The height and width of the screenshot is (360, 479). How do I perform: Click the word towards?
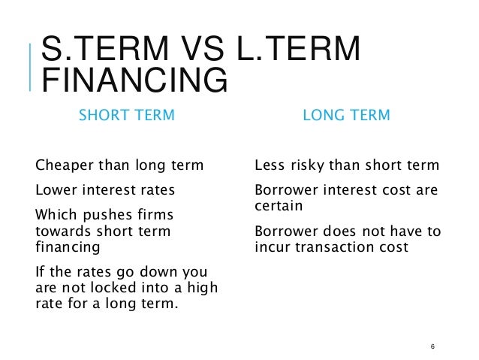tap(62, 231)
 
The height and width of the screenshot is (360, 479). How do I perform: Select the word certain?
tap(279, 205)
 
